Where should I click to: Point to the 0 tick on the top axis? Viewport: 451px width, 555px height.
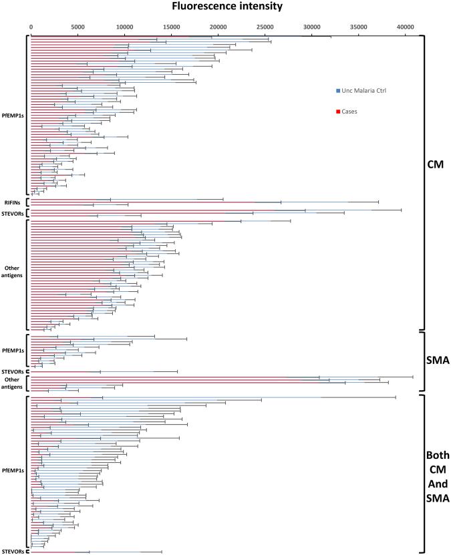(x=31, y=27)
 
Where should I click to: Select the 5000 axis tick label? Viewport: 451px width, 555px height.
(x=78, y=27)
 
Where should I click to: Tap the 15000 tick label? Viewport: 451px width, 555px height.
(x=172, y=27)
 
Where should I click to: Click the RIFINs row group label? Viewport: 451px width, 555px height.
(x=13, y=202)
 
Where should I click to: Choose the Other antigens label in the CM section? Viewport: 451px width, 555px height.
(x=13, y=272)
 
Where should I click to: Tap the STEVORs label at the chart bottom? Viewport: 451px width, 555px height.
(x=13, y=552)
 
